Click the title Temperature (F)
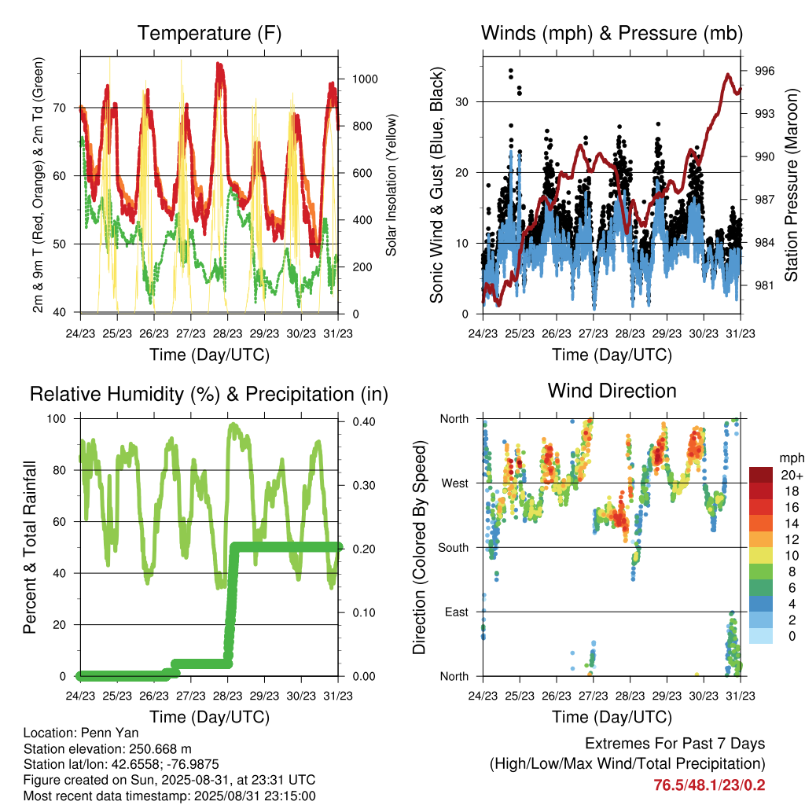pyautogui.click(x=209, y=33)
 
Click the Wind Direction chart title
pyautogui.click(x=612, y=391)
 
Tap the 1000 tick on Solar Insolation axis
pyautogui.click(x=365, y=79)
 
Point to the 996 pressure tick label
pyautogui.click(x=764, y=71)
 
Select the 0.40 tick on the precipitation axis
pyautogui.click(x=364, y=421)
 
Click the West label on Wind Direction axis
pyautogui.click(x=455, y=483)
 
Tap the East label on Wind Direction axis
pyautogui.click(x=457, y=612)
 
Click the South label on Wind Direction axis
pyautogui.click(x=454, y=548)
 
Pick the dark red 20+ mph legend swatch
pyautogui.click(x=761, y=475)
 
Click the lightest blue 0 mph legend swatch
pyautogui.click(x=761, y=636)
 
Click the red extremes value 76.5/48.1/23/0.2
pyautogui.click(x=709, y=785)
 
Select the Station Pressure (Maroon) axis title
pyautogui.click(x=791, y=185)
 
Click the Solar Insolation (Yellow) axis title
pyautogui.click(x=391, y=185)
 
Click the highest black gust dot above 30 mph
pyautogui.click(x=511, y=70)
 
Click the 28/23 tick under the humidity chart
pyautogui.click(x=227, y=696)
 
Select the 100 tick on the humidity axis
pyautogui.click(x=57, y=418)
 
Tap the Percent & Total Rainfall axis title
pyautogui.click(x=30, y=547)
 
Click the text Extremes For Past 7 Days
pyautogui.click(x=675, y=744)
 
